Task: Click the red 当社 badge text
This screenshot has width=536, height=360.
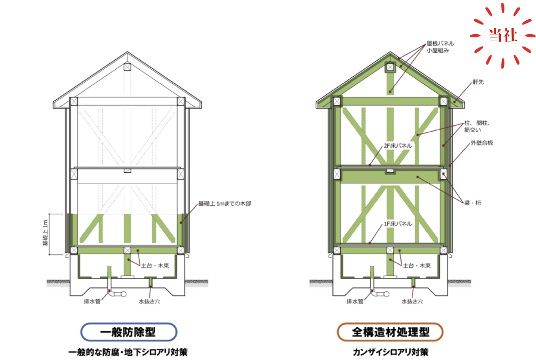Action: [x=502, y=35]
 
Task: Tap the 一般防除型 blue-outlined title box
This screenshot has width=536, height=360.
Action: [x=129, y=332]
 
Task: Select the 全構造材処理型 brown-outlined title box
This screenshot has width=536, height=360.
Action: [x=390, y=332]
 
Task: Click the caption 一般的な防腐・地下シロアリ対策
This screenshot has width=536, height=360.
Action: [x=128, y=352]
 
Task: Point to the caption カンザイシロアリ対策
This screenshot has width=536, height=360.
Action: [x=390, y=352]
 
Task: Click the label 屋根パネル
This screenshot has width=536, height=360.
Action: [x=441, y=43]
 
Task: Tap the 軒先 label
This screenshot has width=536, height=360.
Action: [x=478, y=82]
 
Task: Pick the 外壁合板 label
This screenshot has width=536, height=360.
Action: [x=482, y=143]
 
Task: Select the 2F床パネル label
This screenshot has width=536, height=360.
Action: [x=398, y=146]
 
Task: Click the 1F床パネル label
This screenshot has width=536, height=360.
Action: [x=398, y=224]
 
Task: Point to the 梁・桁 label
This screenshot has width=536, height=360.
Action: [x=473, y=203]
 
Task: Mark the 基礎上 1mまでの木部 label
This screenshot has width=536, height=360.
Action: [x=225, y=204]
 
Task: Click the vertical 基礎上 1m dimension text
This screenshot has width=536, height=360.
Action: [x=45, y=233]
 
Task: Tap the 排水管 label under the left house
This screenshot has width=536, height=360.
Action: [x=92, y=301]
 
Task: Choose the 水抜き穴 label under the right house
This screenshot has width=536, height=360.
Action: [x=412, y=301]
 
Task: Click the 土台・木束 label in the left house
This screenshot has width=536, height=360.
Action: [x=155, y=266]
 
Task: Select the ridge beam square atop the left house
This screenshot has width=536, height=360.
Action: [x=127, y=67]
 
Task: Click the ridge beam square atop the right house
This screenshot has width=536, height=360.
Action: [x=390, y=67]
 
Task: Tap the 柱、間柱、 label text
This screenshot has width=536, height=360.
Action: [x=477, y=123]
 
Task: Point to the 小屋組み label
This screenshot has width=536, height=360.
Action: [x=437, y=51]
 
